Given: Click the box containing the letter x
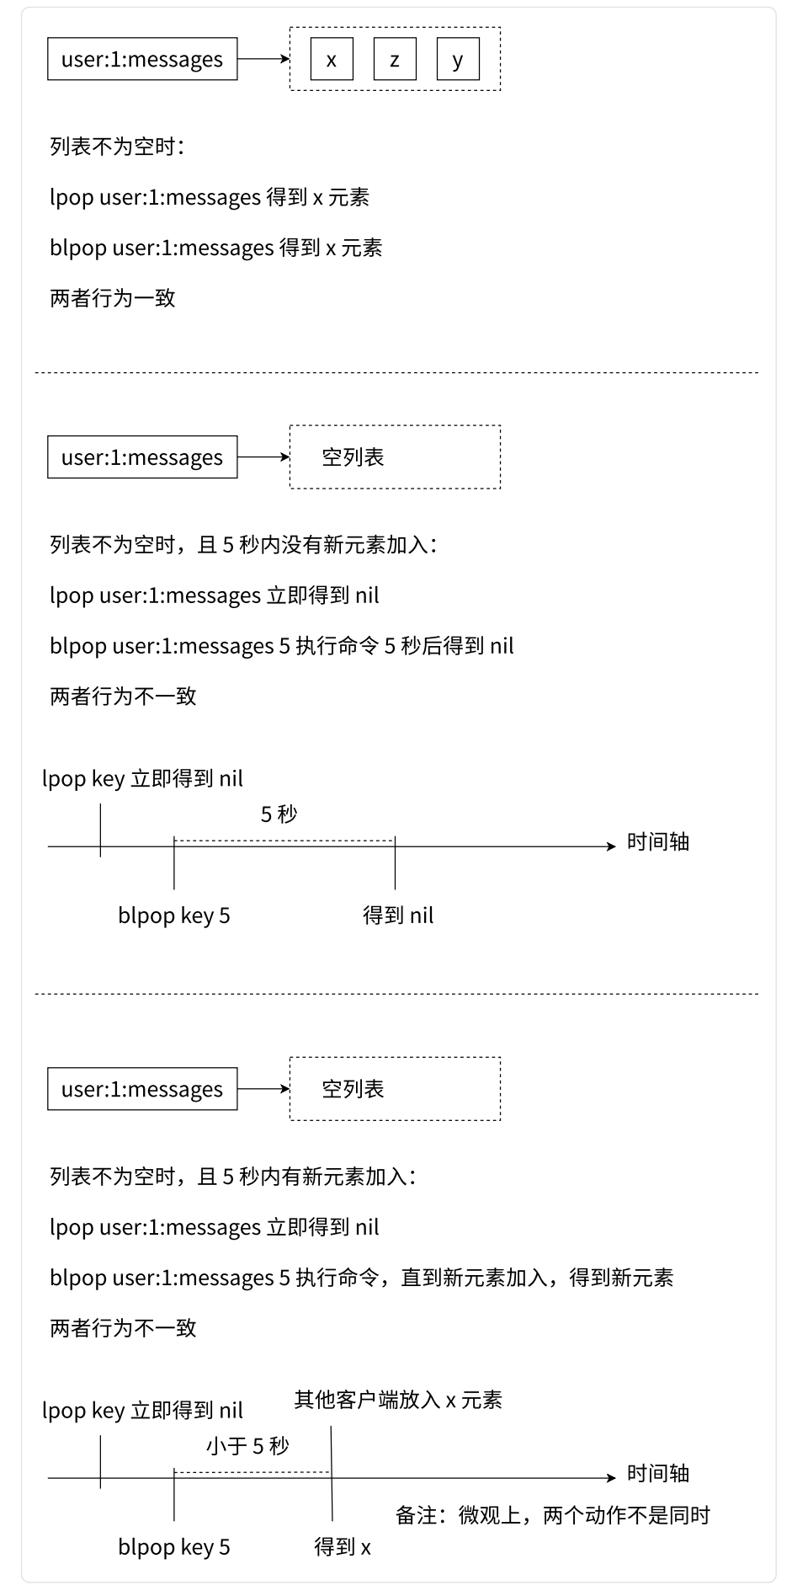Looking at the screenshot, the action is pos(332,60).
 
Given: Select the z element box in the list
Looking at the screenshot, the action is pos(394,60).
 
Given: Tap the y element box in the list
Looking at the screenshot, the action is pos(457,60).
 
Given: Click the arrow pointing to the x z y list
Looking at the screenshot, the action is pos(263,60).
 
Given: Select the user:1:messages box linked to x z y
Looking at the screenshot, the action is pos(142,60).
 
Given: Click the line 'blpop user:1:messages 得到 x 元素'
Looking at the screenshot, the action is pos(216,248).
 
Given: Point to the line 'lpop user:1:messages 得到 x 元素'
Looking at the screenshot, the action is pos(210,198).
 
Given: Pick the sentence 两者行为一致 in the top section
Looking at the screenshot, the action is pos(113,299).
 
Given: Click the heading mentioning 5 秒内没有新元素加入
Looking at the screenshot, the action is pos(243,545).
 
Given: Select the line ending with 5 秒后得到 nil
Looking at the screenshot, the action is pos(282,646).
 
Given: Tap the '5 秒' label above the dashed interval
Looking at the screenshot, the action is pos(279,814).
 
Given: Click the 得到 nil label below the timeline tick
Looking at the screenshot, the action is pos(398,915).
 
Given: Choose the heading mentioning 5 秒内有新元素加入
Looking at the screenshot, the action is pos(232,1177).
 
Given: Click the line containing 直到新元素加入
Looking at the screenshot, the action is pos(362,1278).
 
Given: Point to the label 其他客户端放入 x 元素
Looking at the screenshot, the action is pos(398,1401).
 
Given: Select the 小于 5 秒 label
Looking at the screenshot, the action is pos(248,1447).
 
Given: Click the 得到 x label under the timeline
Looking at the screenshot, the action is pos(343,1547).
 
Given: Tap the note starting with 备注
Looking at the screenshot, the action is pos(553,1516).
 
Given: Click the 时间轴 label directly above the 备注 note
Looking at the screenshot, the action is pos(658,1474).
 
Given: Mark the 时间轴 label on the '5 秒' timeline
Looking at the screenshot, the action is pos(658,842).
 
